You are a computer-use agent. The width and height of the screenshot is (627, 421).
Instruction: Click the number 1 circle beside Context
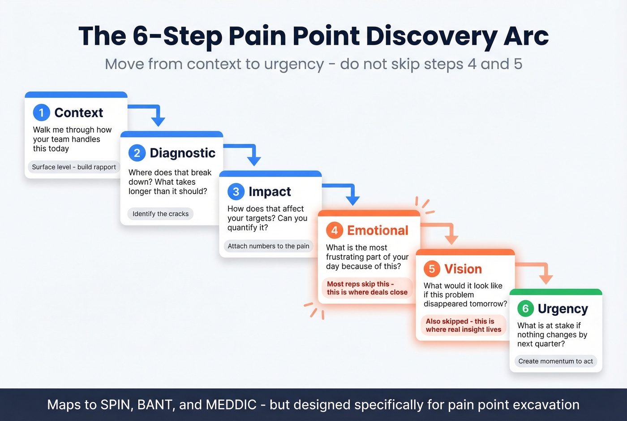click(41, 113)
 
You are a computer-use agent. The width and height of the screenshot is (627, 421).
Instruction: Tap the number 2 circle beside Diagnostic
click(137, 153)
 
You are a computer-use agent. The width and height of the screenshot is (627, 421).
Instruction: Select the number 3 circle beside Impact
click(236, 191)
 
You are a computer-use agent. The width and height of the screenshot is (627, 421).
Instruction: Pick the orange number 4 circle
click(335, 230)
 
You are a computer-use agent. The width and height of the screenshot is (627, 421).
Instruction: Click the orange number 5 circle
click(432, 269)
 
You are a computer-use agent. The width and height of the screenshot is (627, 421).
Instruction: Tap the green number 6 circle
click(525, 308)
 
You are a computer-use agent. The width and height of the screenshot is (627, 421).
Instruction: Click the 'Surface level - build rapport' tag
click(74, 167)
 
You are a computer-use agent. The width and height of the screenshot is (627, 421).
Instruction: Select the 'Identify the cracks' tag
click(160, 214)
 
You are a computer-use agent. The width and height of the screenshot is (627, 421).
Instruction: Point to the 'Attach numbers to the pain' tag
click(268, 246)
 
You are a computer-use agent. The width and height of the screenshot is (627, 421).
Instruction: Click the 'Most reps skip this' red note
click(367, 288)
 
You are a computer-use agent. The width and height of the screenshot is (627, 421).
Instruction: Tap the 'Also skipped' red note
click(463, 325)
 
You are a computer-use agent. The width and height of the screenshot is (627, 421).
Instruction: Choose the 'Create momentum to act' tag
click(555, 361)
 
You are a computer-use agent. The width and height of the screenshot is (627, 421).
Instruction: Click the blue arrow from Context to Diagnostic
click(152, 112)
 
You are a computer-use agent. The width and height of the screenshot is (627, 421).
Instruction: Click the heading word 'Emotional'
click(378, 230)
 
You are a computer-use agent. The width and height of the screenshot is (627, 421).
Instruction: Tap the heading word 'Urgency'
click(563, 309)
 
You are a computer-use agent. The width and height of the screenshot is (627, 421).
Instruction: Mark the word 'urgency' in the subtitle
click(294, 64)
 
